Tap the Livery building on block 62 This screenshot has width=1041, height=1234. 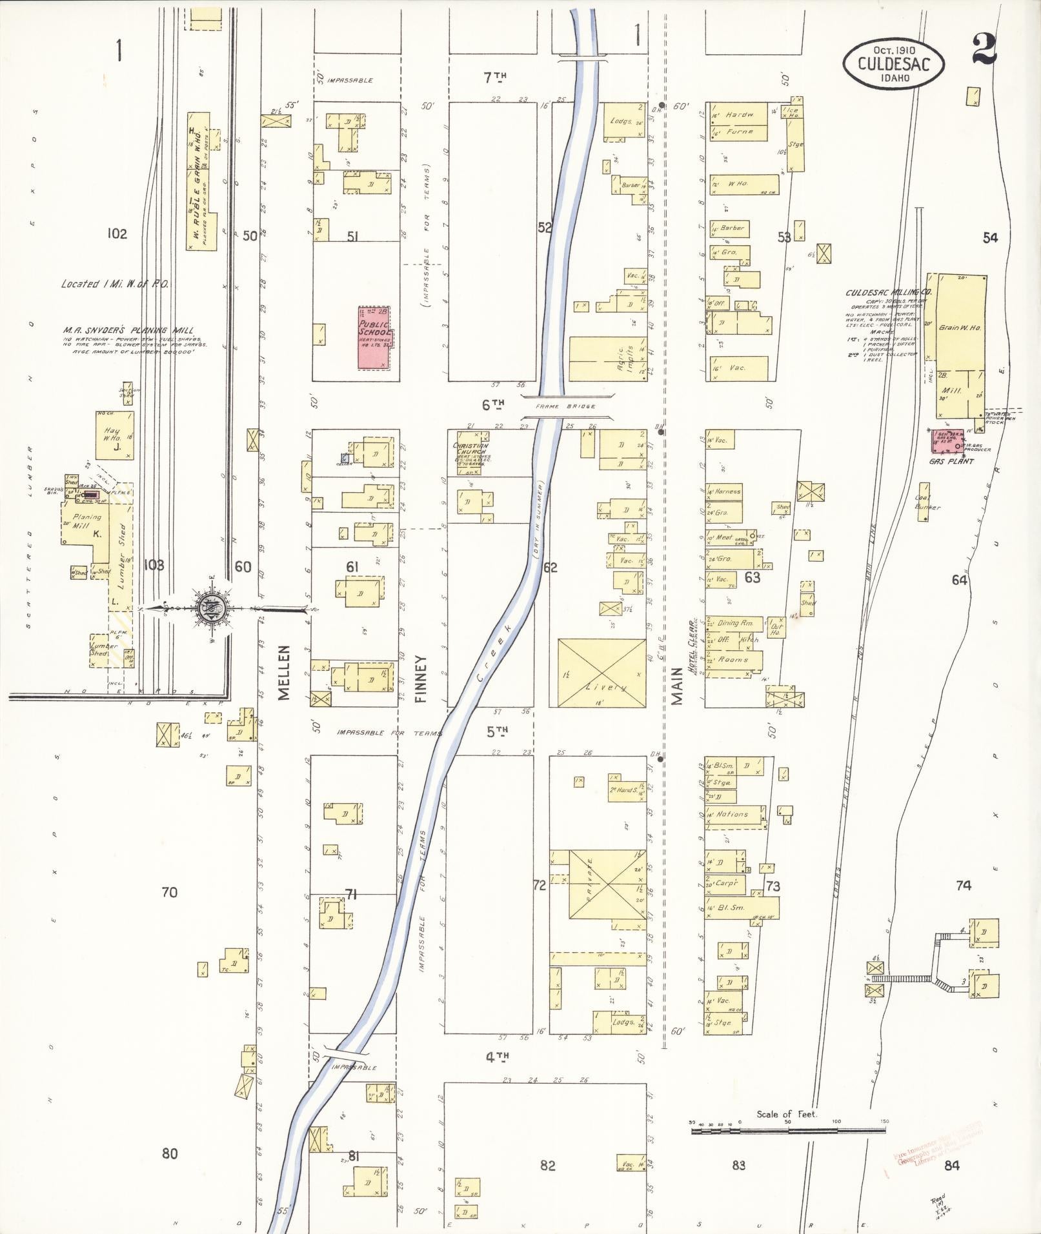(x=601, y=673)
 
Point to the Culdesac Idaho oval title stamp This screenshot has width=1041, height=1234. (x=894, y=63)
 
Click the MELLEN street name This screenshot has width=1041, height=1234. (x=285, y=672)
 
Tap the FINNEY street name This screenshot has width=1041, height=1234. (x=421, y=679)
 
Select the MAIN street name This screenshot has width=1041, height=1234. (x=676, y=686)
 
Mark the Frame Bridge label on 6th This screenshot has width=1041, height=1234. (x=565, y=406)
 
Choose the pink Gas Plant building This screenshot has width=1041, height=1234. (x=947, y=442)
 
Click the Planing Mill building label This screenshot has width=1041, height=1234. (x=86, y=521)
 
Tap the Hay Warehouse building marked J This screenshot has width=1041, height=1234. (x=114, y=435)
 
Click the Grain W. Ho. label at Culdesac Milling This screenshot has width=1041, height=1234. (x=959, y=328)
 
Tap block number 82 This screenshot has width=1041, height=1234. (x=547, y=1165)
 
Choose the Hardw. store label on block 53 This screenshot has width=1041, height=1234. (x=739, y=115)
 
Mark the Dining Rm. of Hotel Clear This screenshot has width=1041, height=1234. (x=735, y=623)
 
